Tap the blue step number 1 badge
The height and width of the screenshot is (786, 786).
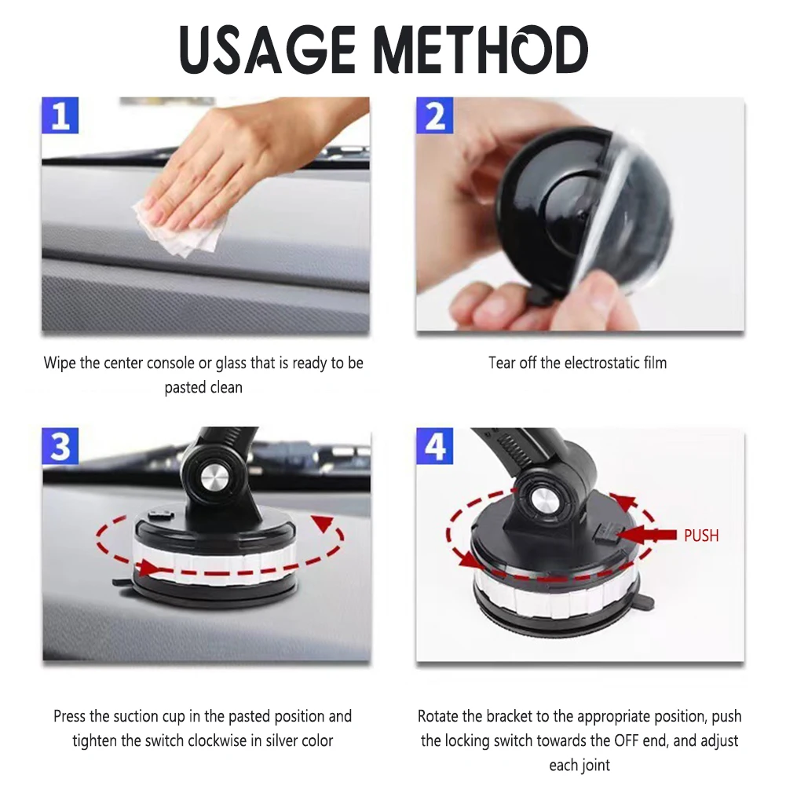click(60, 116)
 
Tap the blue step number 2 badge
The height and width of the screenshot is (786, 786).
click(435, 116)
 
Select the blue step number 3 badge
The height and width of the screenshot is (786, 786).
click(60, 447)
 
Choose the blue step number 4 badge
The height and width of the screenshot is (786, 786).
click(435, 447)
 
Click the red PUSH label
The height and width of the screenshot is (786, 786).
click(700, 536)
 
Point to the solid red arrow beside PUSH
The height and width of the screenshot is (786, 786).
click(647, 535)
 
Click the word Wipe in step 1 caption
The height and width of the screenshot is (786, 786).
click(59, 363)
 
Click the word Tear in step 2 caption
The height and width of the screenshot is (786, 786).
click(503, 363)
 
